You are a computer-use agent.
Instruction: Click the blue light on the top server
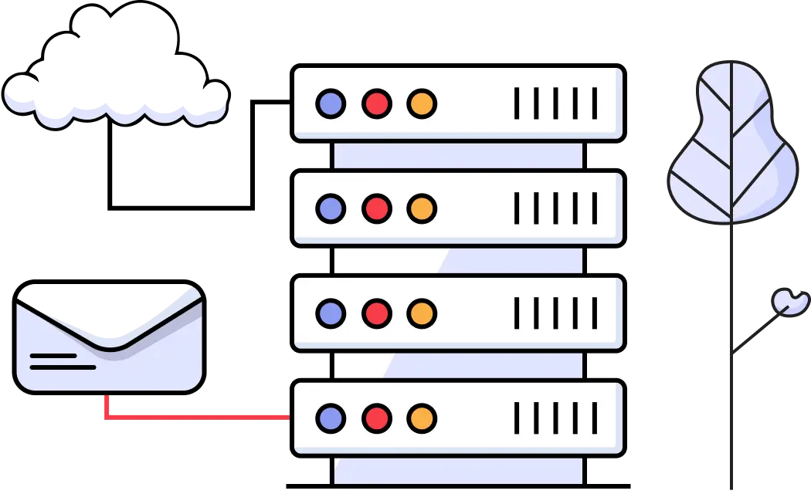coord(331,103)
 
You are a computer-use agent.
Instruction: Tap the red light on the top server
coord(376,103)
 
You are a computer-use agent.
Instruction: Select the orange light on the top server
coord(422,103)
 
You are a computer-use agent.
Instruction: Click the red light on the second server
coord(376,208)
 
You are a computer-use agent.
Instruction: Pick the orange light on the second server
coord(422,208)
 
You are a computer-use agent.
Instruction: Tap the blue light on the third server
coord(331,313)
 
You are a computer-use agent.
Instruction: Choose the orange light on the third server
coord(422,313)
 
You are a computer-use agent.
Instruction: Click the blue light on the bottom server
coord(331,418)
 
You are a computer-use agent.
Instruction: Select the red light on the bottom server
coord(376,418)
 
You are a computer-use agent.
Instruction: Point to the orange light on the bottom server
coord(422,418)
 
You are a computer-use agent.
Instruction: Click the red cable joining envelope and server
coord(193,417)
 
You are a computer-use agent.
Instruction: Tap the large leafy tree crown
coord(731,147)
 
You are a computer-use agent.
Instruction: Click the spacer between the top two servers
coord(458,155)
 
